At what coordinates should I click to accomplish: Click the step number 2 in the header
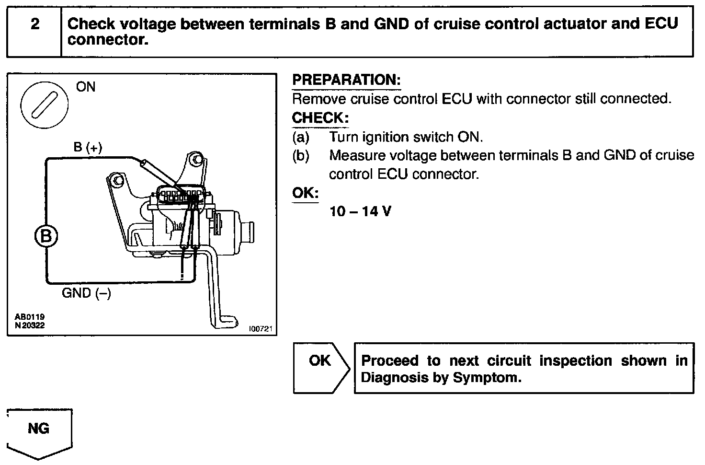pyautogui.click(x=34, y=24)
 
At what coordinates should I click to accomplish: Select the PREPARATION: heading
pyautogui.click(x=346, y=80)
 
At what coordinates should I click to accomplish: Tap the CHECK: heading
pyautogui.click(x=320, y=118)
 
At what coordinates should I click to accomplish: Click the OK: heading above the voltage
pyautogui.click(x=305, y=193)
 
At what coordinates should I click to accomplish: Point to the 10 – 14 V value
pyautogui.click(x=360, y=211)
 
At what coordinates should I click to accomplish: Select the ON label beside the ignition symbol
pyautogui.click(x=86, y=87)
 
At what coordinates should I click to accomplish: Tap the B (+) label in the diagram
pyautogui.click(x=88, y=148)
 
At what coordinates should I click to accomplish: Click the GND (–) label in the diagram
pyautogui.click(x=86, y=293)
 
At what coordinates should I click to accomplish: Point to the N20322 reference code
pyautogui.click(x=30, y=325)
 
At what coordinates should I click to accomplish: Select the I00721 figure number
pyautogui.click(x=260, y=329)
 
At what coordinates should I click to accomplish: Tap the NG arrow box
pyautogui.click(x=39, y=429)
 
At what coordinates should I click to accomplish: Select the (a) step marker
pyautogui.click(x=301, y=137)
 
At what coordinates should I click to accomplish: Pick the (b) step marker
pyautogui.click(x=301, y=156)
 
